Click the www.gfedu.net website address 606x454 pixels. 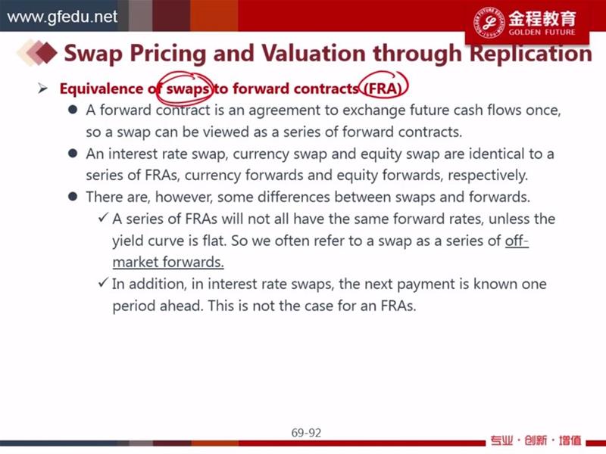point(62,17)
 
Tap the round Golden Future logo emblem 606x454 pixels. point(489,23)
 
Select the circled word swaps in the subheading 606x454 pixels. point(187,89)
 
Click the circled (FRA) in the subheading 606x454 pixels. point(383,89)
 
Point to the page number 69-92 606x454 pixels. point(306,433)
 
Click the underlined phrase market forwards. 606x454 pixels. point(168,263)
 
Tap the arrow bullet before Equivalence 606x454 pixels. point(42,89)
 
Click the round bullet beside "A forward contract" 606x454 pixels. point(73,110)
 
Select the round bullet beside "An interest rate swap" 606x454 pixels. point(73,154)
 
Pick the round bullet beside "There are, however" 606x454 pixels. point(73,197)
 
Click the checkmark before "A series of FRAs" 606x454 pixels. point(103,218)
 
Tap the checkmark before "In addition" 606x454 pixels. point(103,282)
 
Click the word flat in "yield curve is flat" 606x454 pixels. point(214,241)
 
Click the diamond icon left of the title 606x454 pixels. point(37,52)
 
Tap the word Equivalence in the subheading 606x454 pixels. point(102,89)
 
